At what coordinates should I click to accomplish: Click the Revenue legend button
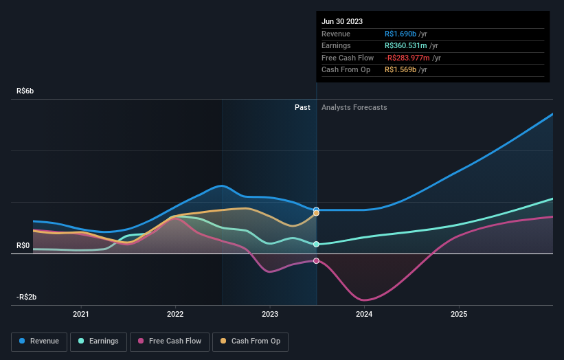(x=38, y=341)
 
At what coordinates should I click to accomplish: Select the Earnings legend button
(x=98, y=341)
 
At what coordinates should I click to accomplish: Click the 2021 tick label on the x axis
(x=81, y=315)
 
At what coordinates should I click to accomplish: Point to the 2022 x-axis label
(x=175, y=315)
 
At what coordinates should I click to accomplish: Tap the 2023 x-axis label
(x=270, y=315)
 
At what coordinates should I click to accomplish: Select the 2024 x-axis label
(x=364, y=315)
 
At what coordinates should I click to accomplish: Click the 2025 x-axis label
(x=459, y=315)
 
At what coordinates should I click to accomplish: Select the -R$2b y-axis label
(x=28, y=297)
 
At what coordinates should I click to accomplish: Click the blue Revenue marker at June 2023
(x=317, y=210)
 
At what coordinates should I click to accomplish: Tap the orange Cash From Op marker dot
(x=317, y=214)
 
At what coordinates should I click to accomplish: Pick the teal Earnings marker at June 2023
(x=317, y=244)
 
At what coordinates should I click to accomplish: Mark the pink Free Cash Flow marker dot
(x=317, y=261)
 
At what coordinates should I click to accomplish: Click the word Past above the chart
(x=302, y=107)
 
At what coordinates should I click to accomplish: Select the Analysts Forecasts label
(x=354, y=107)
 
